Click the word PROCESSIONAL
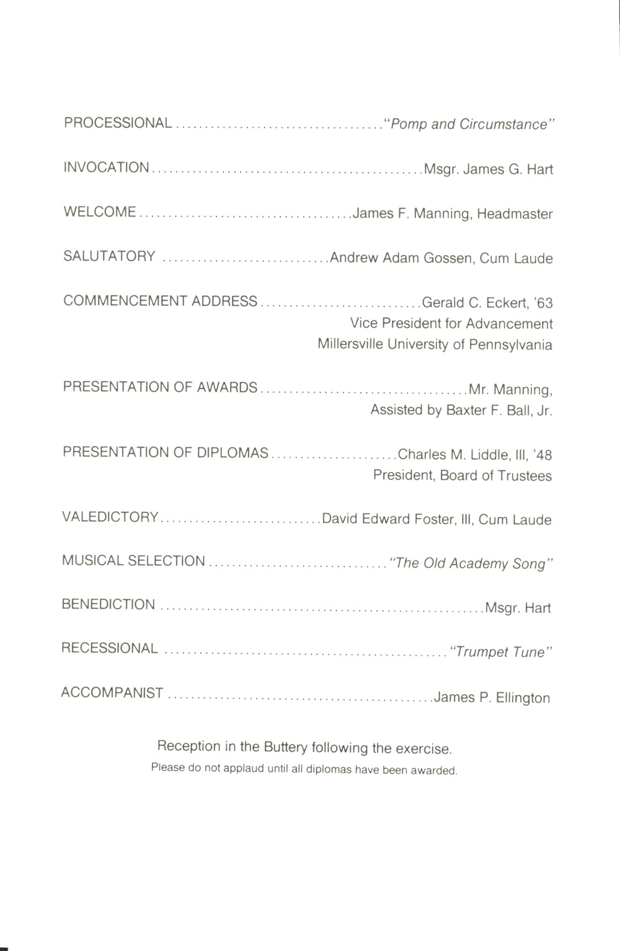pyautogui.click(x=118, y=123)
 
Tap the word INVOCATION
pyautogui.click(x=106, y=167)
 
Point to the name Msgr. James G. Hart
pyautogui.click(x=488, y=169)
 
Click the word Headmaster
pyautogui.click(x=515, y=214)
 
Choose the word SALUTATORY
pyautogui.click(x=109, y=256)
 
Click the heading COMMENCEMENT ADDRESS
pyautogui.click(x=160, y=301)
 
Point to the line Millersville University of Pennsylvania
pyautogui.click(x=435, y=344)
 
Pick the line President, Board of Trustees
pyautogui.click(x=462, y=476)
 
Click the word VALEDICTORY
pyautogui.click(x=110, y=517)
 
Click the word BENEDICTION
pyautogui.click(x=108, y=604)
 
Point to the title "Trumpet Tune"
pyautogui.click(x=500, y=652)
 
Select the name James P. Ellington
pyautogui.click(x=492, y=697)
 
